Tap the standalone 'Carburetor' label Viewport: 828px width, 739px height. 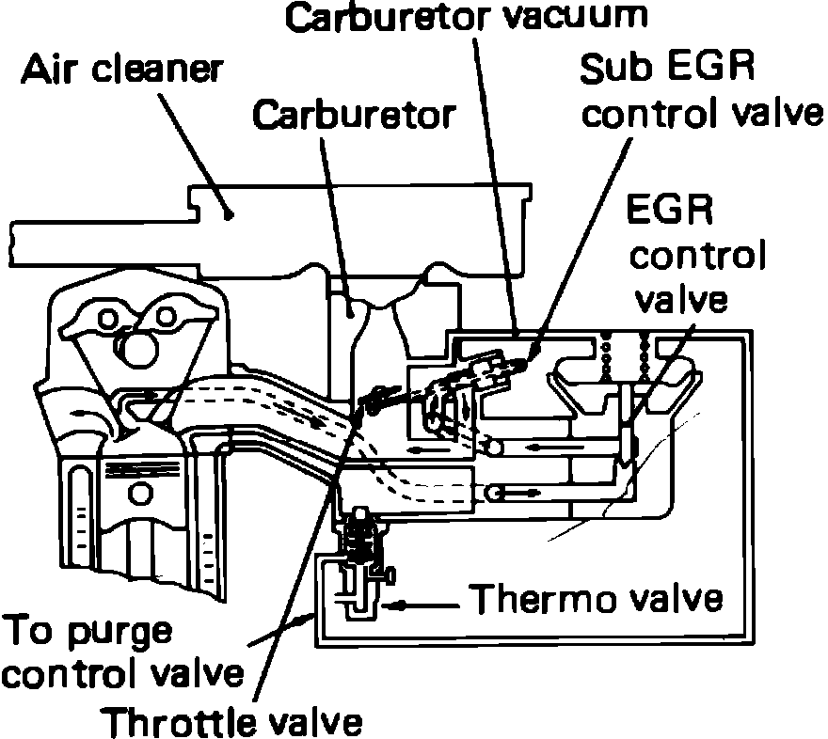pos(355,115)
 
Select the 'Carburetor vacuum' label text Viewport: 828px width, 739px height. pos(468,16)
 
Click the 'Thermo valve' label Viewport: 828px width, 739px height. pos(597,596)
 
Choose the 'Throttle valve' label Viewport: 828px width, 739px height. pos(232,722)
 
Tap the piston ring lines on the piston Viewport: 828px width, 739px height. pos(141,466)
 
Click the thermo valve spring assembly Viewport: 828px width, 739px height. pos(358,542)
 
